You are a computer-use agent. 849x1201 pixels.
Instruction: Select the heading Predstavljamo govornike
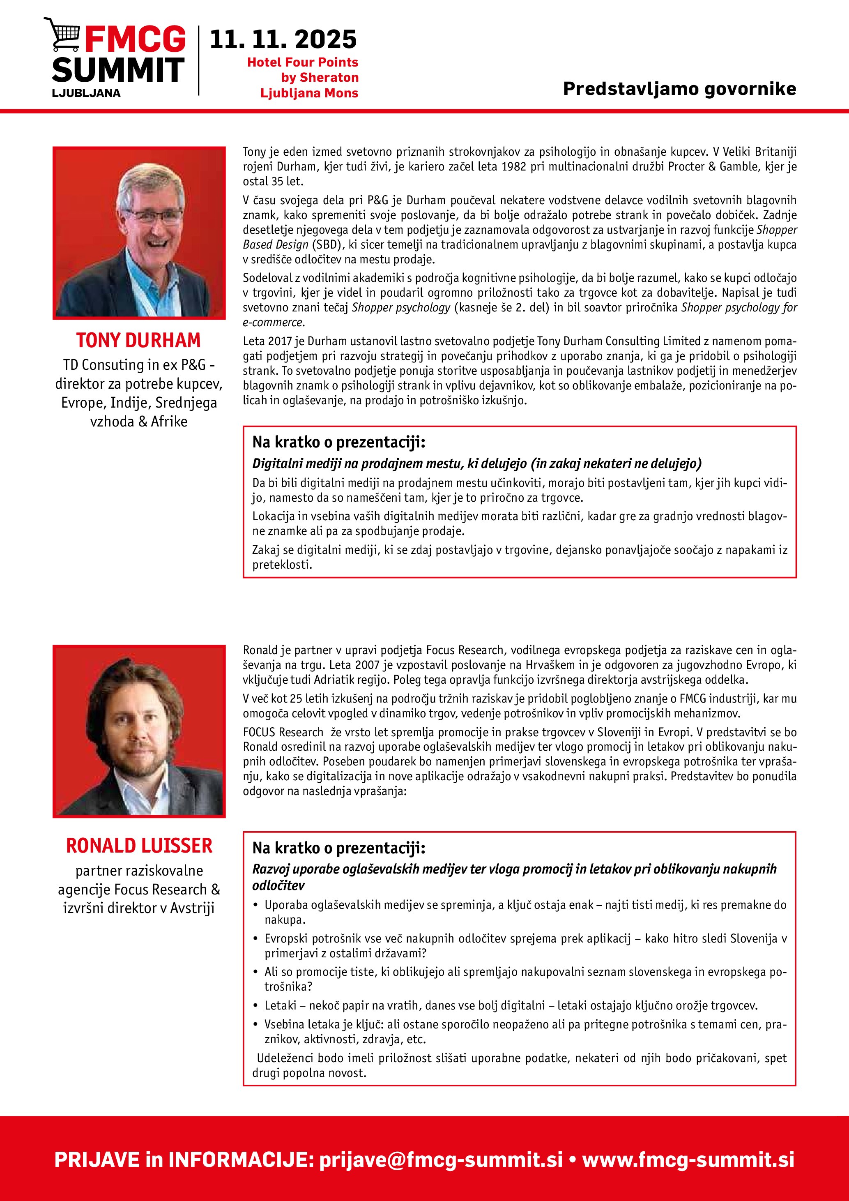click(679, 89)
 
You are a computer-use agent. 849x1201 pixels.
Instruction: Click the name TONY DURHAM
click(138, 341)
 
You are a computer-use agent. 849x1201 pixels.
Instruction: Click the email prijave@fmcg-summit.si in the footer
click(441, 1160)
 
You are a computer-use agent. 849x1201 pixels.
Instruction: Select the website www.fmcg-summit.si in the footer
click(688, 1160)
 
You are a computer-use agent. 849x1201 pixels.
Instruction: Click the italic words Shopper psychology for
click(739, 308)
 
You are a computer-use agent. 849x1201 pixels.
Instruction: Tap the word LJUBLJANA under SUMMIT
click(86, 93)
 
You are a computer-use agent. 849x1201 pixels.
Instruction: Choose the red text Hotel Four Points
click(302, 62)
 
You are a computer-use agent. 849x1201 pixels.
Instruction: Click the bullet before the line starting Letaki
click(255, 1005)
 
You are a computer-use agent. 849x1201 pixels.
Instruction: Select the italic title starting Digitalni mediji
click(477, 463)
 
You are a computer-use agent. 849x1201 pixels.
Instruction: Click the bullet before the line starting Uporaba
click(255, 905)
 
